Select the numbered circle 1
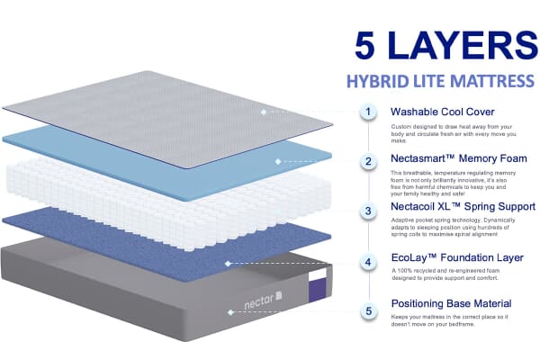367,112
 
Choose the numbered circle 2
367,162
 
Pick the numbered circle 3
367,212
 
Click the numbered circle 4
367,263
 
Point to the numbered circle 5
367,312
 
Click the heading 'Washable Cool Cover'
442,112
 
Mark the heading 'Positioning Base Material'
451,303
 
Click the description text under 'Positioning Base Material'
450,321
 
